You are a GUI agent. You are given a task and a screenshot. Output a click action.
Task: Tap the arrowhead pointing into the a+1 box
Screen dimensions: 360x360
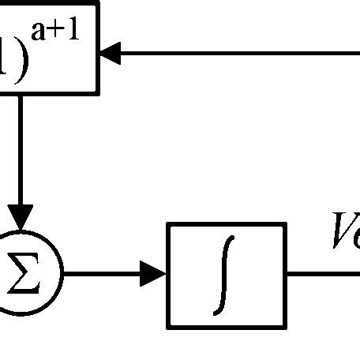[111, 54]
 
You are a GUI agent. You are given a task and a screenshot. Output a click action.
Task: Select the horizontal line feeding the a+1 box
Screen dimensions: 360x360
[237, 54]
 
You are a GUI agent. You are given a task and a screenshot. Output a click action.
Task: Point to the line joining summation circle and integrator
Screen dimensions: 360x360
[103, 276]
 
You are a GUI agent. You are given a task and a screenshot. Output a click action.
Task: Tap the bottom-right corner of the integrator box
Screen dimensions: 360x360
[283, 326]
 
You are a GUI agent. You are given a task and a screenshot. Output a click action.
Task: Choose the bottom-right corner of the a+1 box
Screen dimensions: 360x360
[98, 92]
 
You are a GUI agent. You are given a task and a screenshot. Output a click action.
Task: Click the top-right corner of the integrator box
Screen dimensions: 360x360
[283, 225]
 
